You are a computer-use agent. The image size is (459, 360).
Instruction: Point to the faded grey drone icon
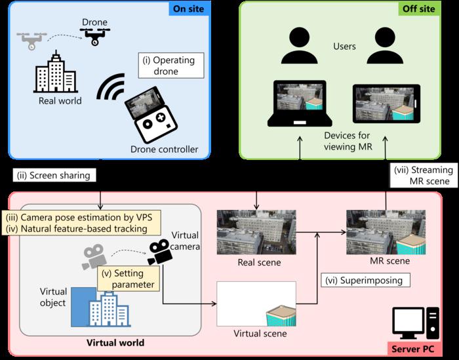coord(31,41)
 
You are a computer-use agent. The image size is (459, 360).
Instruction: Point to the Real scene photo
coord(257,231)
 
